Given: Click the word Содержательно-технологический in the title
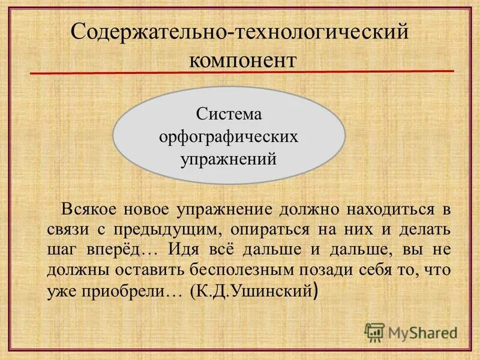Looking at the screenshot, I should tap(240, 31).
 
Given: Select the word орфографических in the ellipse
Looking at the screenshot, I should tap(229, 137).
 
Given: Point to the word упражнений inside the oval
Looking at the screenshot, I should tap(229, 160).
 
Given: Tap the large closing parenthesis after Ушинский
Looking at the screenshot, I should tap(316, 292).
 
